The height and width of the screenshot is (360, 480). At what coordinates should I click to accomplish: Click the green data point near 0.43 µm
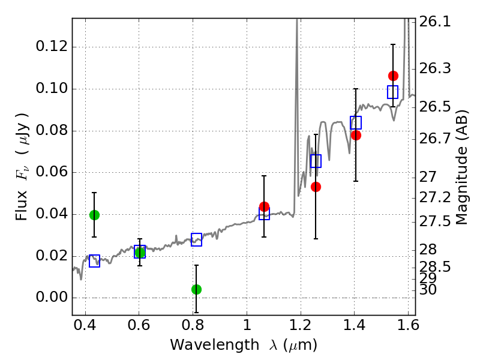pyautogui.click(x=95, y=215)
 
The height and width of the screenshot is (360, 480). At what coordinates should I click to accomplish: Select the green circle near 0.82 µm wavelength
pyautogui.click(x=197, y=289)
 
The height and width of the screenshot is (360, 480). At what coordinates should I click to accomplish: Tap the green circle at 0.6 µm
pyautogui.click(x=140, y=253)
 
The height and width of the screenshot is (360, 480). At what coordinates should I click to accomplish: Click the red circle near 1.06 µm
pyautogui.click(x=264, y=206)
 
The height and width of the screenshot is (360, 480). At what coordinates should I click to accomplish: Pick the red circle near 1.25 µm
pyautogui.click(x=316, y=187)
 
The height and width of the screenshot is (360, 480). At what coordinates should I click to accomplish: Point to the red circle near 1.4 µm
pyautogui.click(x=356, y=135)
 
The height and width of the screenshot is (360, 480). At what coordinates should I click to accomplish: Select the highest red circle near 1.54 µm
pyautogui.click(x=393, y=76)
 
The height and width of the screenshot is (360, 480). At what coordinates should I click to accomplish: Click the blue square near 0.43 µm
pyautogui.click(x=95, y=261)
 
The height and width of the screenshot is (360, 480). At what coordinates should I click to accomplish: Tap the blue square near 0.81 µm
pyautogui.click(x=197, y=239)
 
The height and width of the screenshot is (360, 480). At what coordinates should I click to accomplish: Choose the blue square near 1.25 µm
pyautogui.click(x=316, y=161)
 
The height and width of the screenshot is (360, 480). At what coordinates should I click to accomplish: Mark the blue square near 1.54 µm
pyautogui.click(x=393, y=92)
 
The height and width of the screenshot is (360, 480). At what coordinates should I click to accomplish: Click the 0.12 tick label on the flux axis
pyautogui.click(x=52, y=47)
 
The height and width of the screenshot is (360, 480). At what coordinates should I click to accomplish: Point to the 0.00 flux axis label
pyautogui.click(x=52, y=297)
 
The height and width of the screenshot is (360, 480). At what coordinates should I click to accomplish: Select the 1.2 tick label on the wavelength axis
pyautogui.click(x=301, y=325)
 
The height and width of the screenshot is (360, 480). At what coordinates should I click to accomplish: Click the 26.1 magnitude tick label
pyautogui.click(x=435, y=22)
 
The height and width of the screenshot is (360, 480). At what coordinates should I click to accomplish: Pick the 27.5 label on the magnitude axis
pyautogui.click(x=435, y=222)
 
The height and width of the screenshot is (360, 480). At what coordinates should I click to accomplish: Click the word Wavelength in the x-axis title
pyautogui.click(x=215, y=345)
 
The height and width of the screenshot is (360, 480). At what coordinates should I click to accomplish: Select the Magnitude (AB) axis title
pyautogui.click(x=462, y=167)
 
